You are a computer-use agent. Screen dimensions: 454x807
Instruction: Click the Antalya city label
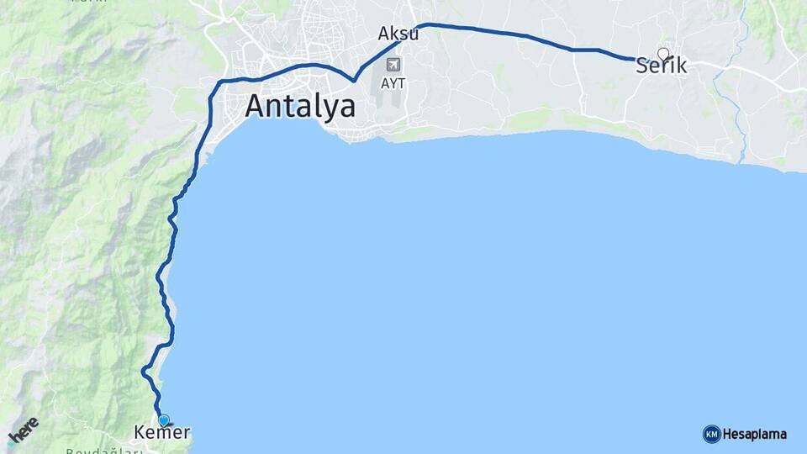click(x=300, y=107)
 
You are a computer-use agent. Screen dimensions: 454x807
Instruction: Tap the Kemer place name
click(x=162, y=433)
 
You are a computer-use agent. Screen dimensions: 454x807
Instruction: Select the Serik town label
click(x=662, y=66)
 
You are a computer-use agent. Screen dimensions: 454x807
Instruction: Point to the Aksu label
click(x=398, y=34)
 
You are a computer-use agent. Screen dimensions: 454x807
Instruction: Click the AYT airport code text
click(x=392, y=83)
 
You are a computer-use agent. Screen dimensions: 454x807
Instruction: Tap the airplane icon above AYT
click(x=393, y=64)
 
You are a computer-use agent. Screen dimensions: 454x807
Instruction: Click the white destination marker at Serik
click(x=663, y=54)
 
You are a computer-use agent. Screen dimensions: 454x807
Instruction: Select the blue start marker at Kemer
click(x=163, y=420)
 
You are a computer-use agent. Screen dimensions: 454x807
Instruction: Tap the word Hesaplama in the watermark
click(x=755, y=435)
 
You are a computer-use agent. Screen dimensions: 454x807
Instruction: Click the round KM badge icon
click(x=711, y=434)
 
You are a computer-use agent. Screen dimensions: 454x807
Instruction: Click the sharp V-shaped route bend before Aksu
click(x=355, y=80)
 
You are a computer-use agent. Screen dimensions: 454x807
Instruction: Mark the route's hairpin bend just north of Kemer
click(x=145, y=370)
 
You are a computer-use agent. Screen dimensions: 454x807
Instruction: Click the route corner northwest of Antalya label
click(x=220, y=82)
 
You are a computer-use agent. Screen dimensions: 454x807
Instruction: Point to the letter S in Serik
click(x=643, y=66)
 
